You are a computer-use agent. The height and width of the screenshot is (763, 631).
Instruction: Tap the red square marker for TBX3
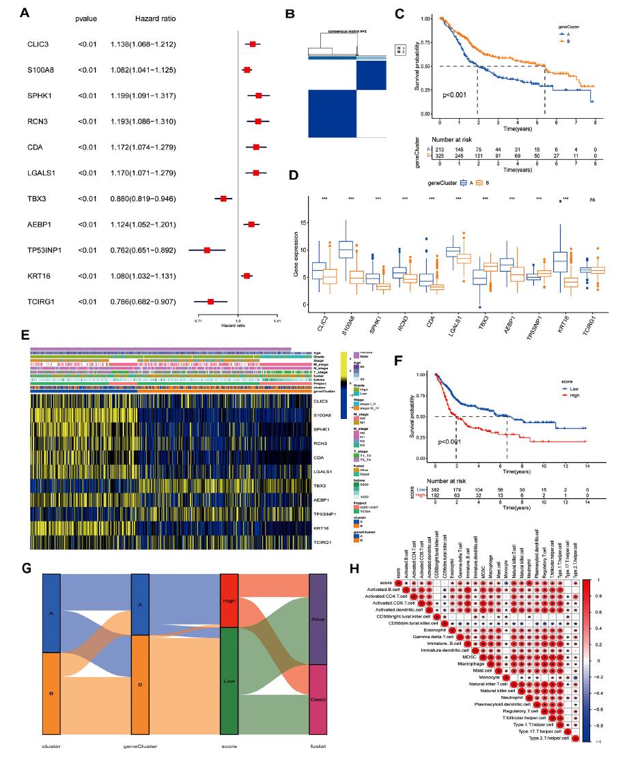coord(223,198)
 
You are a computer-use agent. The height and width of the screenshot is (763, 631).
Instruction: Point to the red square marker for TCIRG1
coord(211,300)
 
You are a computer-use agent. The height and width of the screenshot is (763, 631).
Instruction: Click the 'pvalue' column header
coord(87,18)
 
